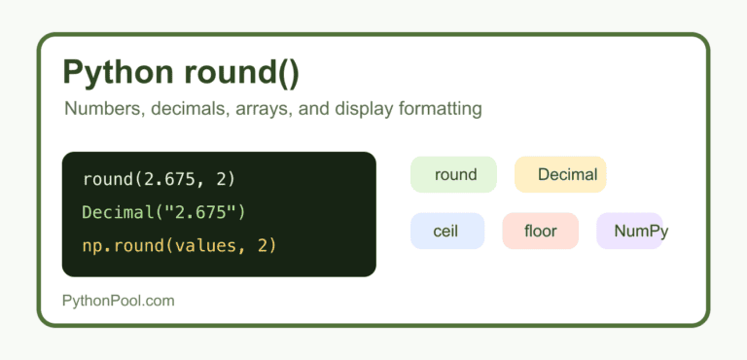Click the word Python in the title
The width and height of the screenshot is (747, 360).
118,72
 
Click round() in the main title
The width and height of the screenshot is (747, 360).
241,72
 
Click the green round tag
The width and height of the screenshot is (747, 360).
453,174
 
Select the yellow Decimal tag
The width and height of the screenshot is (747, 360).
560,174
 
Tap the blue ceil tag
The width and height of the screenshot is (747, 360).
447,231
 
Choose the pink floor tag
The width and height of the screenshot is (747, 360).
540,231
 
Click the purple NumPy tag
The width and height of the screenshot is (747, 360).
630,231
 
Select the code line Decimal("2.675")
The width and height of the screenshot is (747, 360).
163,213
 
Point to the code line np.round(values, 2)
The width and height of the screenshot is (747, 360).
179,245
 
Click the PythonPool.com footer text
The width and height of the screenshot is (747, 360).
118,301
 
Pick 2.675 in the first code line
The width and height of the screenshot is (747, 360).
163,180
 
